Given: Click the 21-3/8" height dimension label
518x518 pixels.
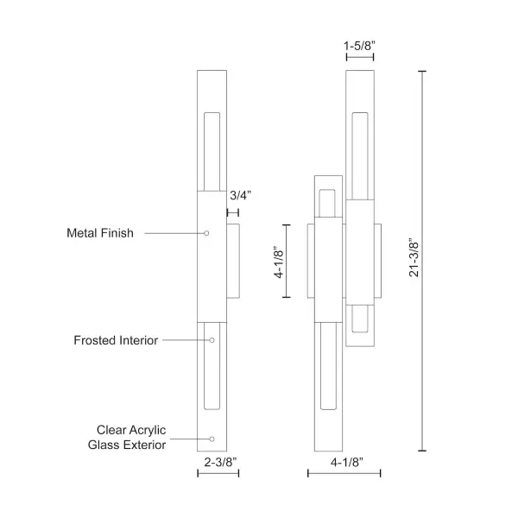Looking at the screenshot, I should pos(414,257).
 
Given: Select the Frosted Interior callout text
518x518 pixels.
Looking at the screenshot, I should pos(116,340).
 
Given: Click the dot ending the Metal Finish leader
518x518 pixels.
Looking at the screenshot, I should pos(207,233).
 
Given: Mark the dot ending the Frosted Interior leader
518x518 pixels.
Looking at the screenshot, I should pos(212,340).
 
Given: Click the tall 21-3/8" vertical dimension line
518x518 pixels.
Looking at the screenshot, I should pos(422,259).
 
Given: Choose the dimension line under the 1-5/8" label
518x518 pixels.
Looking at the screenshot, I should pos(359,58).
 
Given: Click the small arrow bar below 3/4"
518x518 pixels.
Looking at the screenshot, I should pos(233,211).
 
